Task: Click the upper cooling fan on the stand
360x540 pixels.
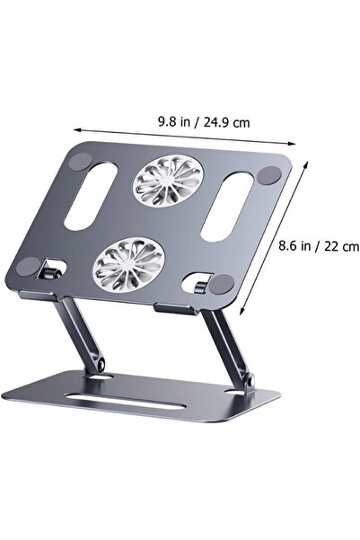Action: pos(168,180)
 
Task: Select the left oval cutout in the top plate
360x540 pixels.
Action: pos(91,196)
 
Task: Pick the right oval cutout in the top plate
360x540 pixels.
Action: pos(227,207)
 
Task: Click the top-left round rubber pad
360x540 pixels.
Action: pos(80,161)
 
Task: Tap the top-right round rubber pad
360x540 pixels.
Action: pos(268,175)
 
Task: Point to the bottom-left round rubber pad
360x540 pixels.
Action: pos(28,267)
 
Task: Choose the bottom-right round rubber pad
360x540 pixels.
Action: pos(222,284)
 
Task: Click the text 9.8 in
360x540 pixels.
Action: pos(174,121)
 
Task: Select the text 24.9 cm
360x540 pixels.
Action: pos(226,122)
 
